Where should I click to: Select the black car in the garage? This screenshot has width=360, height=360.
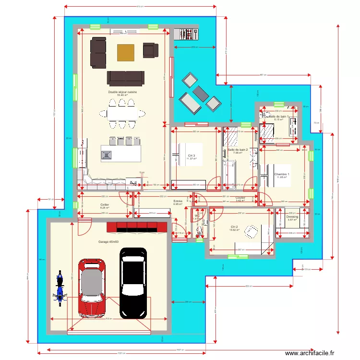tap(133, 283)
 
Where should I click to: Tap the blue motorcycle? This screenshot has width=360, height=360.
tap(60, 288)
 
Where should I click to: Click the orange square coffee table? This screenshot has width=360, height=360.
tap(126, 52)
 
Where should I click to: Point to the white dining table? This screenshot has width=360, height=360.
tap(122, 114)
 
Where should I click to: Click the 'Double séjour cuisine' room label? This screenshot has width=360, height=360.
tap(122, 92)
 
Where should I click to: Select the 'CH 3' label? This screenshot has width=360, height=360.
tap(192, 156)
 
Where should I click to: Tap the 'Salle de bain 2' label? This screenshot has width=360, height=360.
tap(238, 150)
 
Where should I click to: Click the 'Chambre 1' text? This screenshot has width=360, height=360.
tap(282, 174)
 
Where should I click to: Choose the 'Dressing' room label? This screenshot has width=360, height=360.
tap(292, 216)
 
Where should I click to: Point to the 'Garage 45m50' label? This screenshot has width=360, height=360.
tap(108, 242)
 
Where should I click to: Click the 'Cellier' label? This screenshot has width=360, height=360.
tap(105, 205)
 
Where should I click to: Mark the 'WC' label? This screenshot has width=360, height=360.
tap(197, 216)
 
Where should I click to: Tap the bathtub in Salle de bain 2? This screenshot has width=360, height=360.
tap(230, 170)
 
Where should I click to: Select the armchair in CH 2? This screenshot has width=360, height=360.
tap(251, 231)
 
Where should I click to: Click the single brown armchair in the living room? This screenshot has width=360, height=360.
tap(150, 49)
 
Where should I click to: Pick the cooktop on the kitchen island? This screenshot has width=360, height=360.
tap(106, 155)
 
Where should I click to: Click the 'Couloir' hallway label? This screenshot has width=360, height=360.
tap(240, 198)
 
